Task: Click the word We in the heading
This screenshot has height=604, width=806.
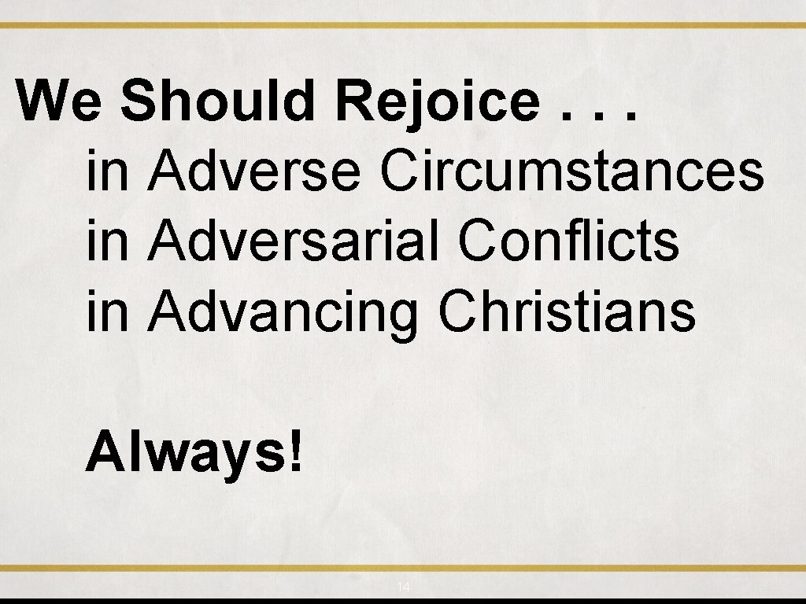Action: coord(58,102)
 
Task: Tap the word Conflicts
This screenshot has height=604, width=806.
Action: coord(568,241)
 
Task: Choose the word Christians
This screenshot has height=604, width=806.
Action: coord(567,311)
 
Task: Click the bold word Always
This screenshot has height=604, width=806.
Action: coord(186,455)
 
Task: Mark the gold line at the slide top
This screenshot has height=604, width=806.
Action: coord(403,25)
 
